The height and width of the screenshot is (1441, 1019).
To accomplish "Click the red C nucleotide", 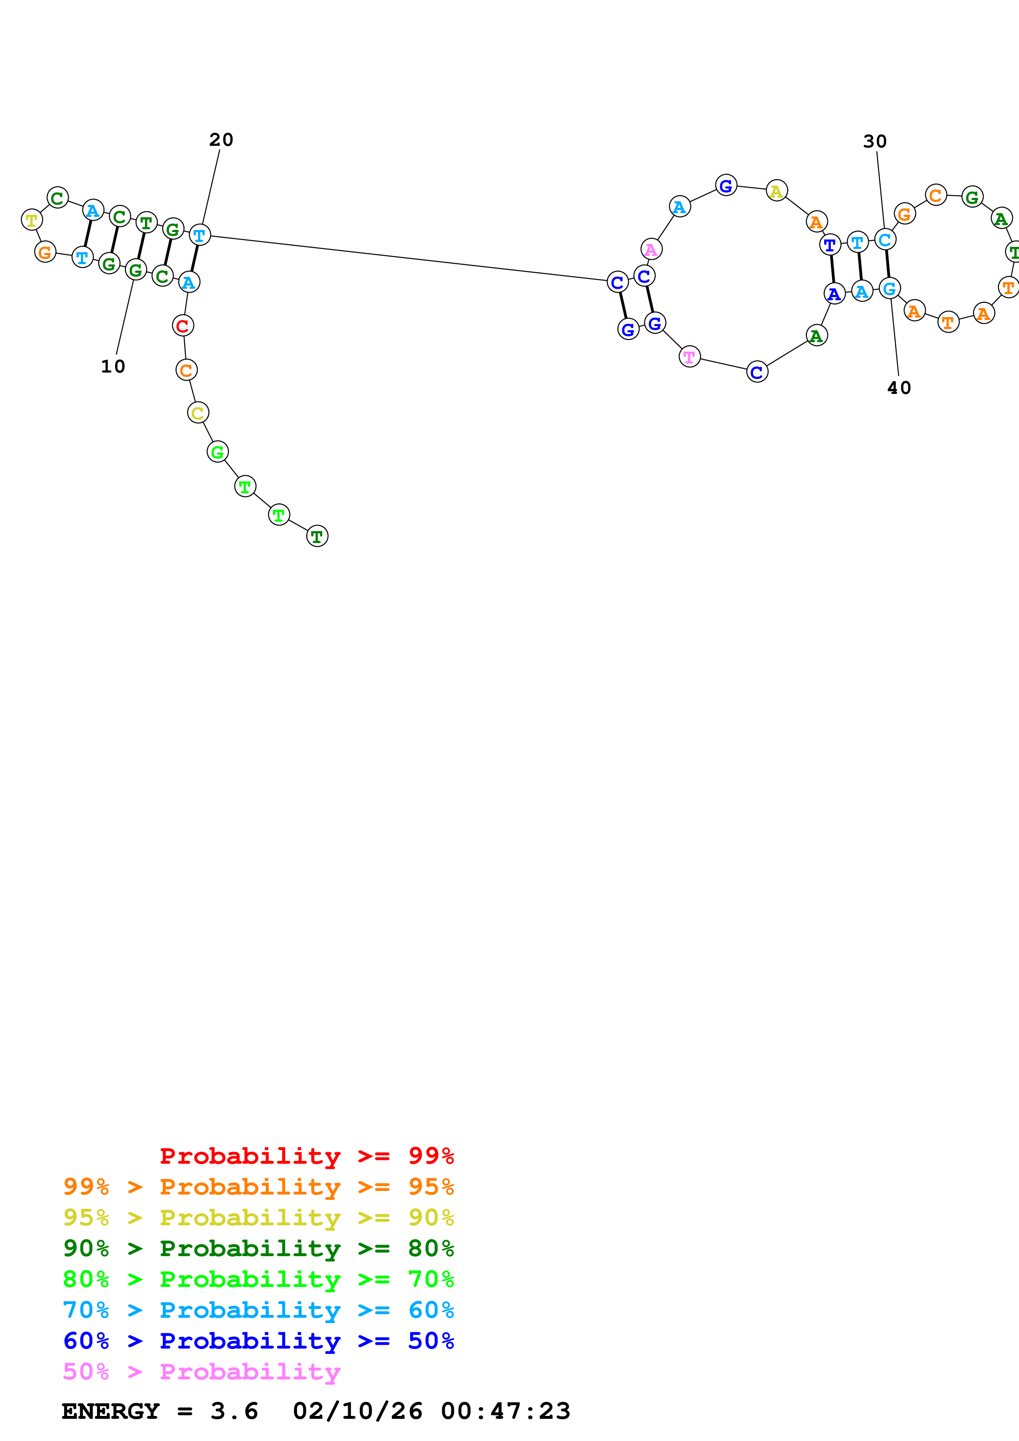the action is (183, 326).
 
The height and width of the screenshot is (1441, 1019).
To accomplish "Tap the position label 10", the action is (113, 366).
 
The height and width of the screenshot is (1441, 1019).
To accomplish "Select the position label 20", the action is (221, 140).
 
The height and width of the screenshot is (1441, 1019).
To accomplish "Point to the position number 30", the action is (875, 142).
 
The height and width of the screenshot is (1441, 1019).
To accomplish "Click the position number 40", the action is (899, 388).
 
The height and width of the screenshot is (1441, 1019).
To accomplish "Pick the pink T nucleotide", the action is (689, 357).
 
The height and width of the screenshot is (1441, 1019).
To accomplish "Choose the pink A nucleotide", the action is (651, 249).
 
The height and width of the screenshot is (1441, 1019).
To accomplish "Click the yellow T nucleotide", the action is (31, 220).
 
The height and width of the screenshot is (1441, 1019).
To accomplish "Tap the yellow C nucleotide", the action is (198, 413).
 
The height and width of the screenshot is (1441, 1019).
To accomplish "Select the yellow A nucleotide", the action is (776, 191).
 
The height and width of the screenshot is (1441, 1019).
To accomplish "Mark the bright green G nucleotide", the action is (217, 451).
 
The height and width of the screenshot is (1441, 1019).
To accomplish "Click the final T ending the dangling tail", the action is (317, 536).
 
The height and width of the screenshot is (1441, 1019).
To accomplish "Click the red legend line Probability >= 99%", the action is (306, 1156).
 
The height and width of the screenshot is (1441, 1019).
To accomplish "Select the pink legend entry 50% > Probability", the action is (201, 1371).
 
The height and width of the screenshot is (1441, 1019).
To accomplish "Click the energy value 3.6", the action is (234, 1411).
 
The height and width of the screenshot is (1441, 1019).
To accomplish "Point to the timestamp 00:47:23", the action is (506, 1411).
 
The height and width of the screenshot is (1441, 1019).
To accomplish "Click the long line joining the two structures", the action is (408, 258).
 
